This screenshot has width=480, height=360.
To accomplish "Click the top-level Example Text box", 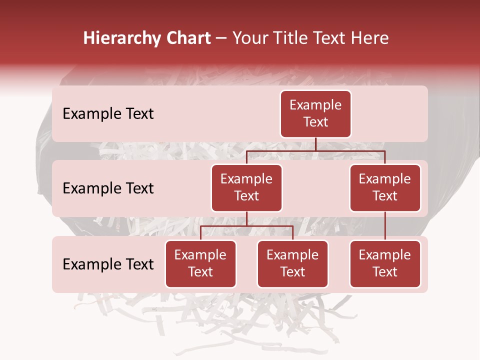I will tap(315, 113).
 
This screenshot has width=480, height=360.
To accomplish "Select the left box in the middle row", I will tap(246, 187).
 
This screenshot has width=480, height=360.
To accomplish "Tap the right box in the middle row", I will tap(385, 187).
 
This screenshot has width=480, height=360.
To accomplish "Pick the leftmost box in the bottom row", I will tap(200, 263).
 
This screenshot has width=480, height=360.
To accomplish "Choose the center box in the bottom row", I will tap(292, 263).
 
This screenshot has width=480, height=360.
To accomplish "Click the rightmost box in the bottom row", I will tap(385, 263).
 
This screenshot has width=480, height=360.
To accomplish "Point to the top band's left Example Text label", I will tap(108, 114).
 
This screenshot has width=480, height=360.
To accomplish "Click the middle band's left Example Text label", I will tap(108, 188).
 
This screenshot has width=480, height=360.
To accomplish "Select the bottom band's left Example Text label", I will tap(108, 264).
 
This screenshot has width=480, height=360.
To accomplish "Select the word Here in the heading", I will tap(369, 38).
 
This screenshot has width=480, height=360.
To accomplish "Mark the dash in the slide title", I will tap(221, 38).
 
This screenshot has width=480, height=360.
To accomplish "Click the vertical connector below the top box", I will tap(315, 144).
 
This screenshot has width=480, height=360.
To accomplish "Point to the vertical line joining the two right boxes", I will tap(385, 226).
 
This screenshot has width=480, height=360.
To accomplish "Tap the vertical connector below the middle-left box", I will tap(246, 218).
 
